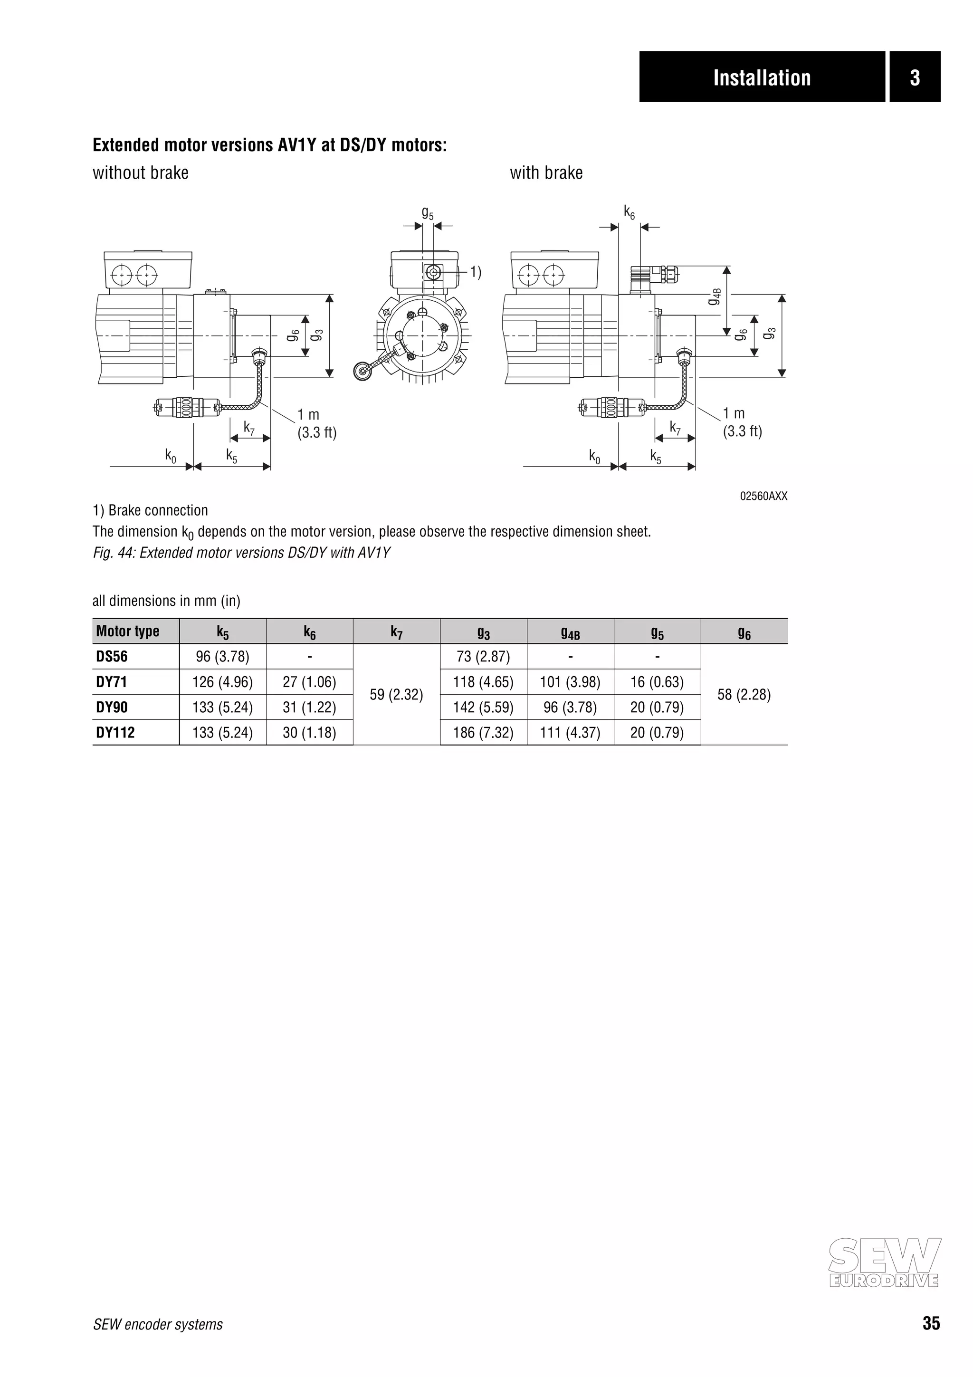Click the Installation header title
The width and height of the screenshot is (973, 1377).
point(762,78)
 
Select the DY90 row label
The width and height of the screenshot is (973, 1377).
point(112,707)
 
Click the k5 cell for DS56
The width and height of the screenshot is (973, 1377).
point(222,657)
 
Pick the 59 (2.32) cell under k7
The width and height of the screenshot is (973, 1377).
point(396,695)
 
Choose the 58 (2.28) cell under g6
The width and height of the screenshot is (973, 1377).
point(744,695)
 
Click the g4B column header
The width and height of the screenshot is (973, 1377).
point(570,632)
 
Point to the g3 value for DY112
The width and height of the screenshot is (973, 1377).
point(483,732)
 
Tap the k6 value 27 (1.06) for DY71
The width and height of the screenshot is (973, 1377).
point(309,682)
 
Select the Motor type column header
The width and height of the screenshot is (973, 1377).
point(128,631)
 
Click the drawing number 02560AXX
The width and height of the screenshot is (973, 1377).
point(763,496)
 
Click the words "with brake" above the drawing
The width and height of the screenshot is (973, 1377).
point(546,173)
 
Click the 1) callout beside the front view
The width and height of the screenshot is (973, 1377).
point(475,272)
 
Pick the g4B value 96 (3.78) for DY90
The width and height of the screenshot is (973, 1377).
point(570,707)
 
